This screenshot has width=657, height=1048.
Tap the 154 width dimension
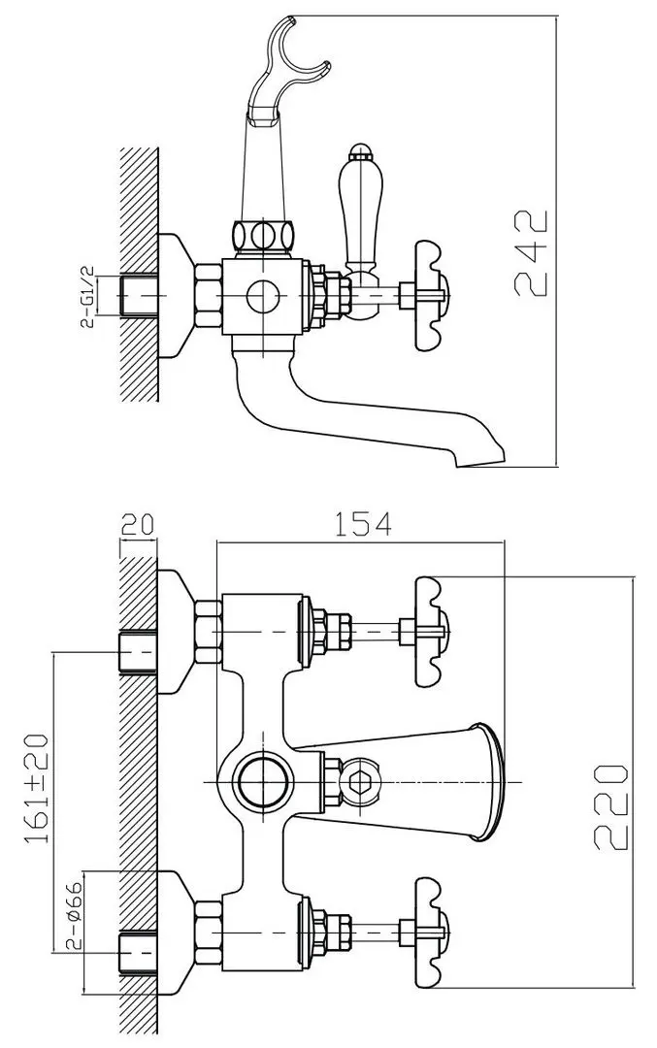(x=362, y=523)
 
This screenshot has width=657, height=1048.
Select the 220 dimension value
(x=610, y=807)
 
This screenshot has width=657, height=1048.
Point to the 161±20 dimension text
(x=38, y=788)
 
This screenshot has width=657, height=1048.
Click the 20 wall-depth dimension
(x=137, y=524)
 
